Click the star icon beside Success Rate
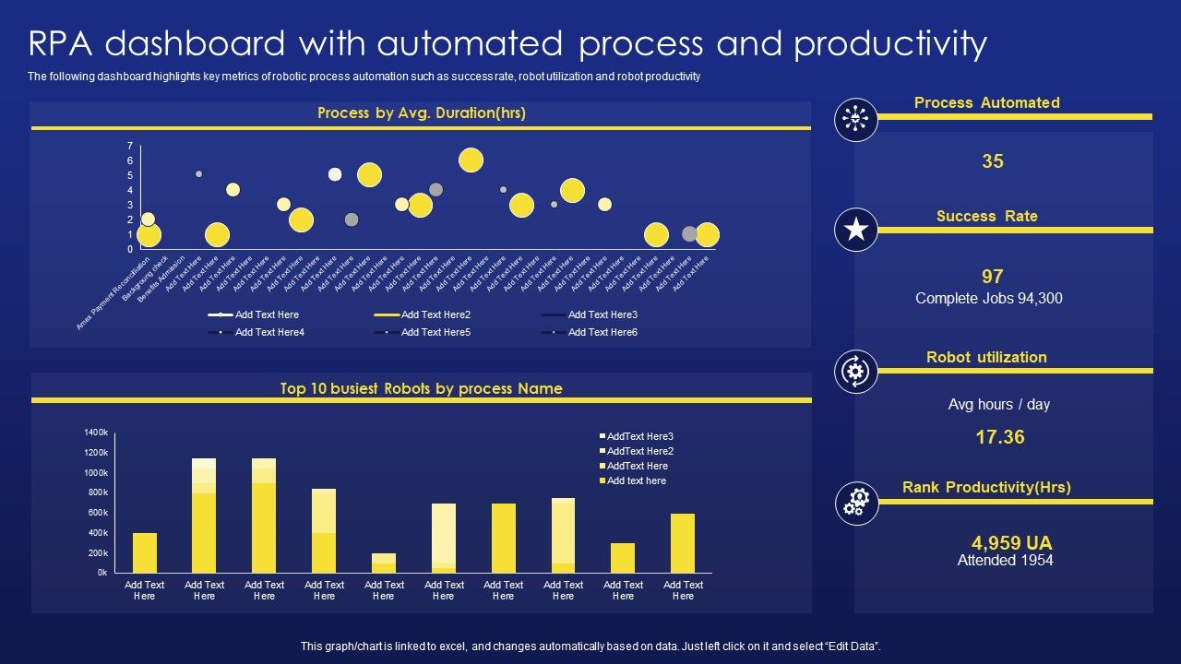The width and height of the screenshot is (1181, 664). pyautogui.click(x=856, y=230)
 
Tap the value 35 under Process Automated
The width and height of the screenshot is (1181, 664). pyautogui.click(x=992, y=161)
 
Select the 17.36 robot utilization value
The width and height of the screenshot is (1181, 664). pyautogui.click(x=1000, y=437)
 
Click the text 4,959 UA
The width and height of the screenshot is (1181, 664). pyautogui.click(x=1011, y=542)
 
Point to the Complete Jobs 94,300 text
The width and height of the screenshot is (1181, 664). pyautogui.click(x=989, y=298)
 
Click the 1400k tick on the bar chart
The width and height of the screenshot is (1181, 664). pyautogui.click(x=96, y=433)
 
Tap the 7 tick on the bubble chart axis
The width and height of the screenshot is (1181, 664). pyautogui.click(x=130, y=146)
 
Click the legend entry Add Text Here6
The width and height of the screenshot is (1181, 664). pyautogui.click(x=602, y=332)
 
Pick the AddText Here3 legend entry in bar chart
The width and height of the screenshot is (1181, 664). pyautogui.click(x=639, y=436)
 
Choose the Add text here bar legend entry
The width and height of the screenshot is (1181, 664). pyautogui.click(x=636, y=480)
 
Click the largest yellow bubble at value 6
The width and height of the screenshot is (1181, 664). pyautogui.click(x=471, y=160)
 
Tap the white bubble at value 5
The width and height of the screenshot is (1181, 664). pyautogui.click(x=335, y=174)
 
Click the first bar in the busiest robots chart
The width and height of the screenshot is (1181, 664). pyautogui.click(x=145, y=552)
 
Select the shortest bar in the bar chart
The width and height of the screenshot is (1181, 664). pyautogui.click(x=384, y=563)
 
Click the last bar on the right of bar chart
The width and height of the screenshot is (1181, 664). pyautogui.click(x=683, y=543)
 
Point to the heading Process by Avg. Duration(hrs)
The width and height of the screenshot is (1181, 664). pyautogui.click(x=421, y=113)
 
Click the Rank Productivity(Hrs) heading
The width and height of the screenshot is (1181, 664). pyautogui.click(x=986, y=487)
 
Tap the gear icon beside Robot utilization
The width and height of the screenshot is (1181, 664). pyautogui.click(x=856, y=371)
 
